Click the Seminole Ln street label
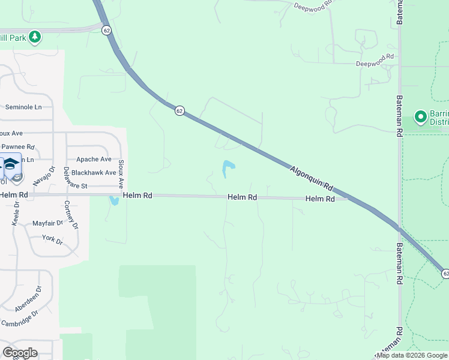[x=23, y=107]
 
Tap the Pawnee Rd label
[x=18, y=146]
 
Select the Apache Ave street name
[x=94, y=159]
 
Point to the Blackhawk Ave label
[x=94, y=172]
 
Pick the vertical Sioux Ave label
[x=121, y=174]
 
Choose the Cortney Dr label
[x=71, y=214]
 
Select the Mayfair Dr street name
[x=47, y=223]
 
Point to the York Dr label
[x=53, y=239]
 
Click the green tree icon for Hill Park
[x=35, y=37]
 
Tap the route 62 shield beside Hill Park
[x=106, y=30]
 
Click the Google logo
[x=20, y=353]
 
